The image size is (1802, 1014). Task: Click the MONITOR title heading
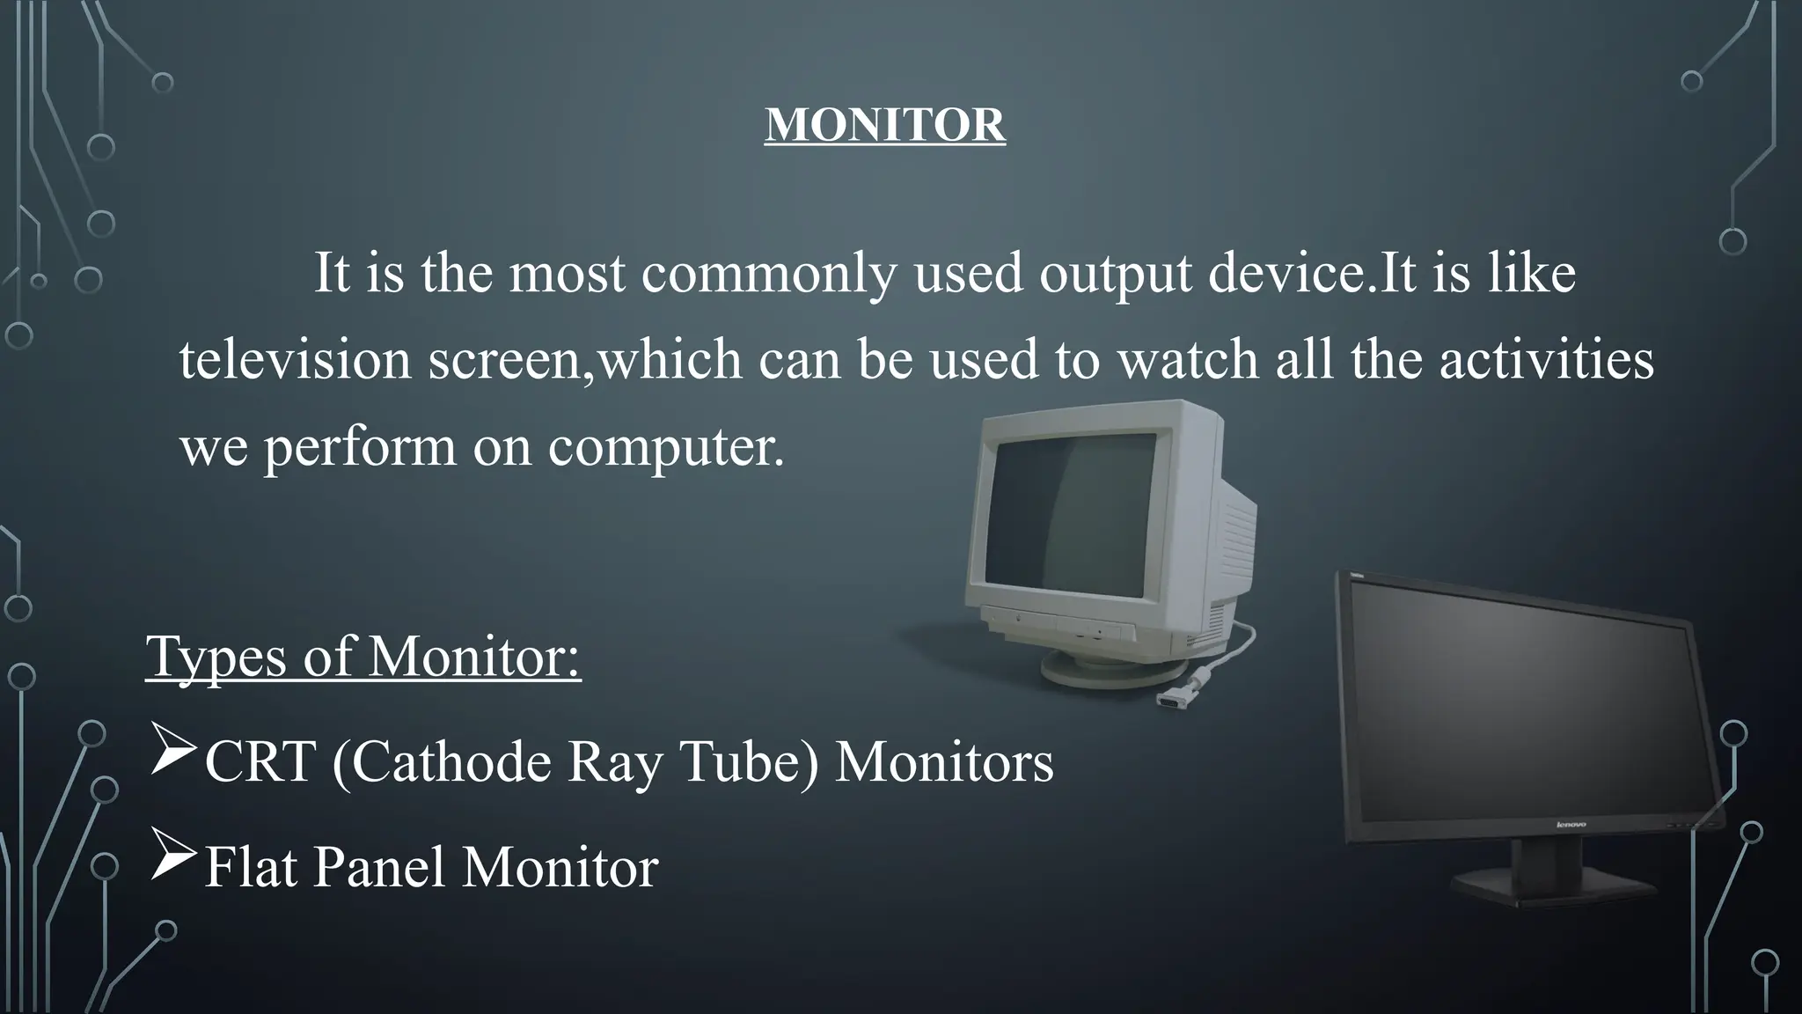[884, 125]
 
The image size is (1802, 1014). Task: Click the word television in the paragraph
[295, 361]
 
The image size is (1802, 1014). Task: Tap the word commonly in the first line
[768, 274]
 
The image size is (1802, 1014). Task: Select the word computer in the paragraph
[664, 447]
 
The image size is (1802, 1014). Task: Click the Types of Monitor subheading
[363, 657]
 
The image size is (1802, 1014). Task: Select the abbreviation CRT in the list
[260, 762]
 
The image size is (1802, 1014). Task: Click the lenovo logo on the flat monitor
[1571, 825]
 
